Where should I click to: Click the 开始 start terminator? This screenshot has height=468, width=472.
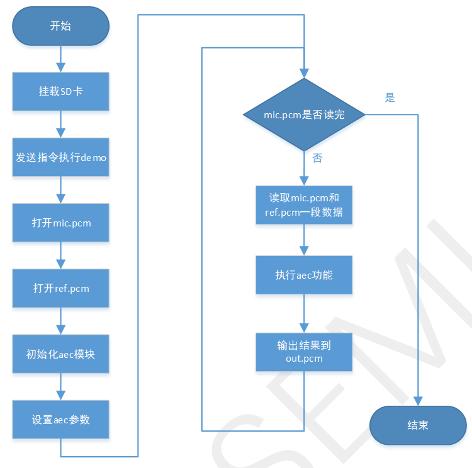pyautogui.click(x=60, y=26)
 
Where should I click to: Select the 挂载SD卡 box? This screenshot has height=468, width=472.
pyautogui.click(x=60, y=91)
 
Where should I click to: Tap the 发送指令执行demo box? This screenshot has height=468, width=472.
pyautogui.click(x=60, y=157)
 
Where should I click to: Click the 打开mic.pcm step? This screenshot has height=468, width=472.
pyautogui.click(x=60, y=223)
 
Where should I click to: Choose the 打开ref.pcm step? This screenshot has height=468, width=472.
pyautogui.click(x=60, y=288)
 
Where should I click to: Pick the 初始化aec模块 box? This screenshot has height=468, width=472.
pyautogui.click(x=60, y=354)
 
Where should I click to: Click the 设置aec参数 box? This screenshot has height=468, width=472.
pyautogui.click(x=60, y=419)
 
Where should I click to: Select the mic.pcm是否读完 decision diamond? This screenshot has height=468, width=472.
pyautogui.click(x=304, y=114)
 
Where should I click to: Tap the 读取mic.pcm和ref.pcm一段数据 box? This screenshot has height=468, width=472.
pyautogui.click(x=304, y=205)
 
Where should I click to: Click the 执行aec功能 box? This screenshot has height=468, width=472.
pyautogui.click(x=304, y=275)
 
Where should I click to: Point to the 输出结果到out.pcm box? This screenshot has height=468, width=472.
pyautogui.click(x=304, y=352)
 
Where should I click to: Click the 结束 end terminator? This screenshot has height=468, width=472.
pyautogui.click(x=418, y=425)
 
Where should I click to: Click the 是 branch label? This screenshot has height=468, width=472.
pyautogui.click(x=390, y=97)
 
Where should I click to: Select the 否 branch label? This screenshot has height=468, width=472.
pyautogui.click(x=317, y=159)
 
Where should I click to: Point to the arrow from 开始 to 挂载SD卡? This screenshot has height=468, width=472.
pyautogui.click(x=60, y=58)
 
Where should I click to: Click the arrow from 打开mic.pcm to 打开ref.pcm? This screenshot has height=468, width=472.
pyautogui.click(x=60, y=255)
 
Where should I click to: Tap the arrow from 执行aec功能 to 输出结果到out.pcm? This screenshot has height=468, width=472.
pyautogui.click(x=304, y=313)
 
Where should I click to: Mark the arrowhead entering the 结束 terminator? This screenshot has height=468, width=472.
pyautogui.click(x=418, y=401)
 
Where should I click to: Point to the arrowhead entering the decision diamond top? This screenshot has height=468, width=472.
pyautogui.click(x=304, y=73)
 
